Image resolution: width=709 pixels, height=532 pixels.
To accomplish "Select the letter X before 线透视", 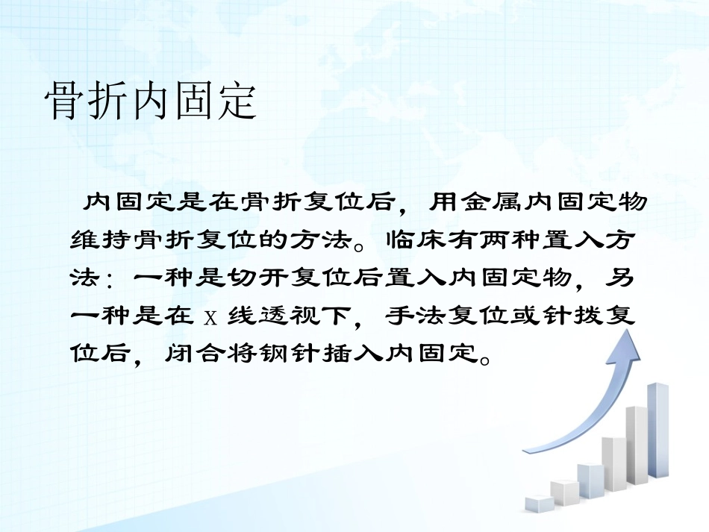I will (210, 318).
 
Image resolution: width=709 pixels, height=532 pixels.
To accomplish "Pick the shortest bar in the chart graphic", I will (539, 503).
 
